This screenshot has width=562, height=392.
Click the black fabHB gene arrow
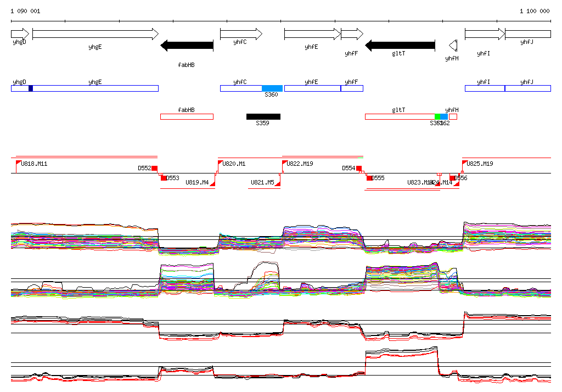click(187, 45)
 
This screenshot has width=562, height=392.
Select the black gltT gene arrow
click(400, 45)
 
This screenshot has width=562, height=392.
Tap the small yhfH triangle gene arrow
click(453, 45)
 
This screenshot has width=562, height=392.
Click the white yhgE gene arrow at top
click(95, 34)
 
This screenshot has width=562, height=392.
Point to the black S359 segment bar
click(263, 116)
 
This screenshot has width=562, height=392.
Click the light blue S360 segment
click(272, 88)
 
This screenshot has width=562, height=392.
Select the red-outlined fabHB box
click(187, 116)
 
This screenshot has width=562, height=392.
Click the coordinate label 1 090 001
click(25, 11)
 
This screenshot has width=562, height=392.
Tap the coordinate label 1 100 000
click(535, 11)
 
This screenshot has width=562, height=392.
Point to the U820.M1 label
click(234, 164)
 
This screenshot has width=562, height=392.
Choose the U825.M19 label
click(481, 164)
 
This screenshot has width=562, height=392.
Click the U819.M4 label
click(197, 182)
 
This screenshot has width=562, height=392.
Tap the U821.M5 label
click(262, 182)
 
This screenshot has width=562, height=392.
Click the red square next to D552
click(154, 168)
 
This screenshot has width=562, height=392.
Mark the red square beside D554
click(359, 168)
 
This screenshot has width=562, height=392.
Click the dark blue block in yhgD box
click(31, 88)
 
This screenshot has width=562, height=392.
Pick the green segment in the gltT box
click(437, 116)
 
